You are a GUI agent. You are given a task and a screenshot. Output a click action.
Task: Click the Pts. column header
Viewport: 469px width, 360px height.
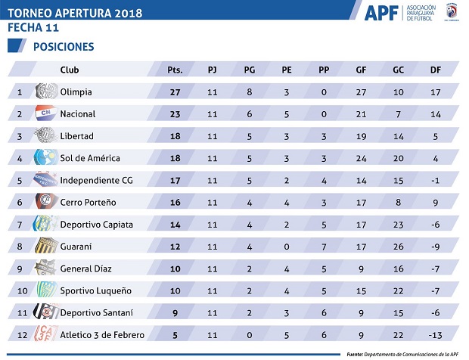(175, 70)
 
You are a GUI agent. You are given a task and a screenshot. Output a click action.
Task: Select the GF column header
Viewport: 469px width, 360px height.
(361, 70)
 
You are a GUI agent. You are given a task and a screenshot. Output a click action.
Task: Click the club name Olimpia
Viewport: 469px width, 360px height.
(76, 92)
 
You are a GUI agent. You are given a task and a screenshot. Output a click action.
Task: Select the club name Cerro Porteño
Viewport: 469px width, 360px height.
(89, 202)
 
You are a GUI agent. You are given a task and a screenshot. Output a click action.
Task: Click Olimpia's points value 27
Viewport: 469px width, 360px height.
(175, 92)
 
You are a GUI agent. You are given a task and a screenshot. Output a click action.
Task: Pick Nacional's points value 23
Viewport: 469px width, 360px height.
(175, 114)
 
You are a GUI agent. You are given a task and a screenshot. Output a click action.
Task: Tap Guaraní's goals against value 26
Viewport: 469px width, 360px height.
(397, 246)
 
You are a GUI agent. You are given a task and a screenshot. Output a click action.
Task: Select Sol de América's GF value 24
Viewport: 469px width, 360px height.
(361, 158)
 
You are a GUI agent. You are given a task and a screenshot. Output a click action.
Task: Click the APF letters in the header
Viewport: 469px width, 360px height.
(380, 14)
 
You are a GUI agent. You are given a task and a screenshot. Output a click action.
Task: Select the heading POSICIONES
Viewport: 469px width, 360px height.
(64, 47)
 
